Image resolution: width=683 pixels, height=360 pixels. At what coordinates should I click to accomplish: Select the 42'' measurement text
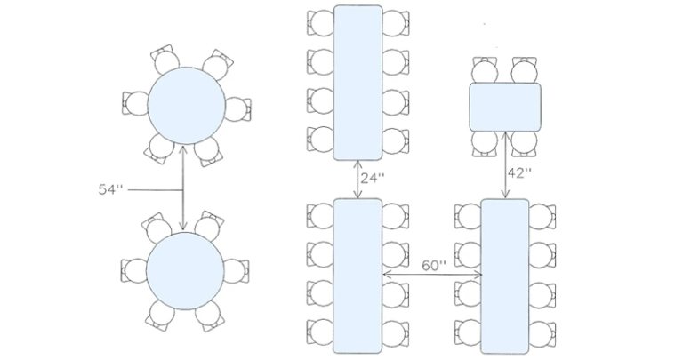(x=520, y=172)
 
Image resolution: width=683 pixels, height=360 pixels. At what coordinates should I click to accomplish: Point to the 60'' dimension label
(x=435, y=266)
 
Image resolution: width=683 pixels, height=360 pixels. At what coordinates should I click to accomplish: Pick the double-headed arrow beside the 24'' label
(x=358, y=180)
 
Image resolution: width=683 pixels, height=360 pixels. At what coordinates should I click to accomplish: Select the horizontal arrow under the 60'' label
(x=432, y=276)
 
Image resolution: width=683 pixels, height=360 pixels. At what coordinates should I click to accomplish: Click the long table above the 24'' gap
(x=358, y=83)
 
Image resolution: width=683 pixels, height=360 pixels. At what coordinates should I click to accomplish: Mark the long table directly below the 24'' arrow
(x=358, y=276)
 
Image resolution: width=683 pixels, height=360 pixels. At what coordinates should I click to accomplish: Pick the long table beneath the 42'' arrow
(x=505, y=276)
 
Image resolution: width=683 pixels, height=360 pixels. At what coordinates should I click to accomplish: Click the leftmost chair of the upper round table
(x=135, y=103)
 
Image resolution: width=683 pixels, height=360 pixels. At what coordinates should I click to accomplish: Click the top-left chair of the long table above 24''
(x=320, y=21)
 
